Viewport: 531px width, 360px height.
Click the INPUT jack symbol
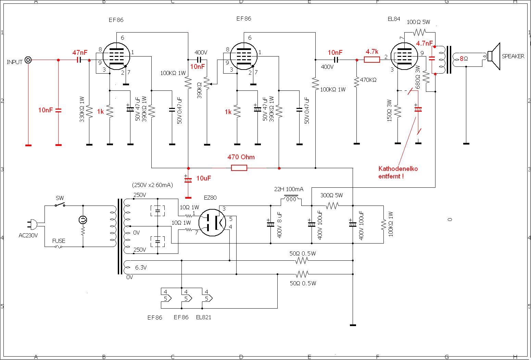(28, 60)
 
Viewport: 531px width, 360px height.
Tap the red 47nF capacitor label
(80, 53)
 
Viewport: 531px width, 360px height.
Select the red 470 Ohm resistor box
(239, 168)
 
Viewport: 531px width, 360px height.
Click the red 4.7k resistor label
(372, 52)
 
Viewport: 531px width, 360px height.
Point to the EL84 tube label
(394, 19)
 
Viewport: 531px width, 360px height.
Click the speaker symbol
(493, 57)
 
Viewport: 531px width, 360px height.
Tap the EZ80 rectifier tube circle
(212, 223)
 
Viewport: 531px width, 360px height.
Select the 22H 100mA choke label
(289, 189)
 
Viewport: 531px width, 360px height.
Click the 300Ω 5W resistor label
(331, 196)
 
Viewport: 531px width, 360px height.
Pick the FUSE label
(59, 241)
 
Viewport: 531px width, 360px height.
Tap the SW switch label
(60, 198)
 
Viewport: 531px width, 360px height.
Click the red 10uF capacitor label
(203, 178)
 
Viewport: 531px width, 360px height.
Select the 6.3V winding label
(141, 268)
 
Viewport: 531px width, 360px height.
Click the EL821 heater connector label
(204, 317)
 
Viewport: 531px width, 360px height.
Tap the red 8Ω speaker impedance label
(464, 59)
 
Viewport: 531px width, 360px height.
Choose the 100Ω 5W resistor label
(418, 22)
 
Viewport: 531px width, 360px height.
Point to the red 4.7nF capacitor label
(425, 44)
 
